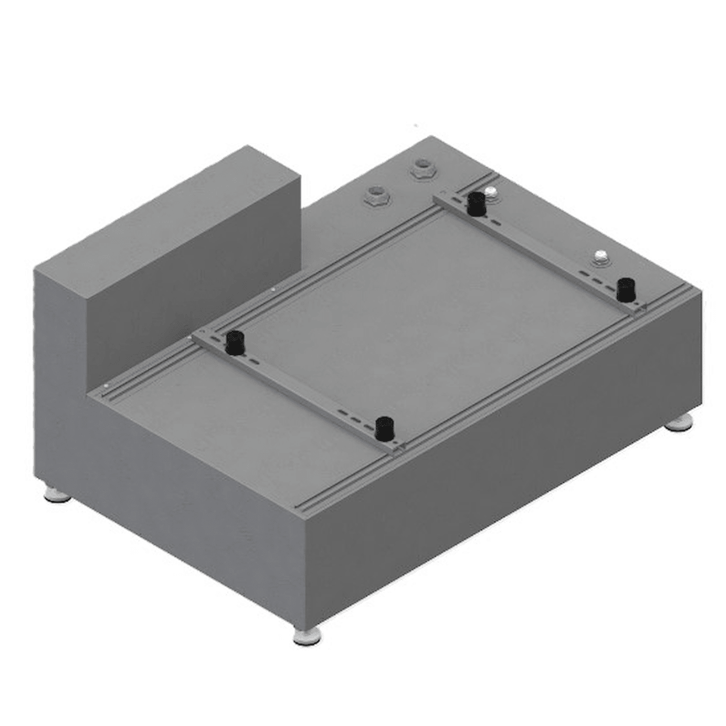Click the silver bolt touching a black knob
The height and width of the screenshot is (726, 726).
point(491,193)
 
